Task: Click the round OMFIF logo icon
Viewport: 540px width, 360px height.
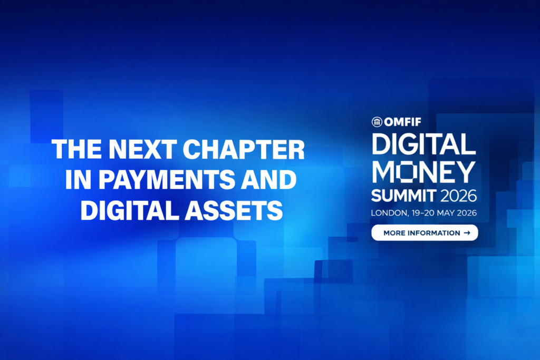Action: point(377,123)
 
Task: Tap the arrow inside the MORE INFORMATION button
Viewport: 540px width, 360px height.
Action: point(467,232)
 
